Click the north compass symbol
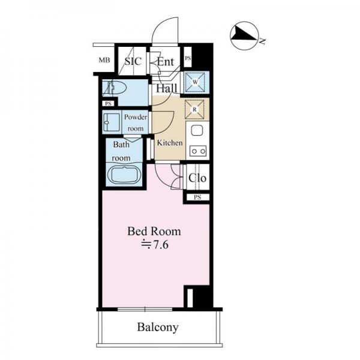[244, 36]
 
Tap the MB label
[104, 60]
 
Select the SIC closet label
[133, 61]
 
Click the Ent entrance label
[166, 62]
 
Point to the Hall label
[167, 88]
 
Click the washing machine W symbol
[195, 82]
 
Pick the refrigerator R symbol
[194, 110]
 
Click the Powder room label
[136, 123]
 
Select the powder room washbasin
[112, 122]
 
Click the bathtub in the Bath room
[124, 175]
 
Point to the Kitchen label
[170, 143]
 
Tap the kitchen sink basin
[197, 131]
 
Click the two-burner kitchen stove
[198, 151]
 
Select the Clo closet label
[197, 178]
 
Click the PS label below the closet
[197, 197]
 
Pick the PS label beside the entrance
[188, 58]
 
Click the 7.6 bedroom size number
[161, 245]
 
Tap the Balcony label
[158, 328]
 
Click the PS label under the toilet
[108, 104]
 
